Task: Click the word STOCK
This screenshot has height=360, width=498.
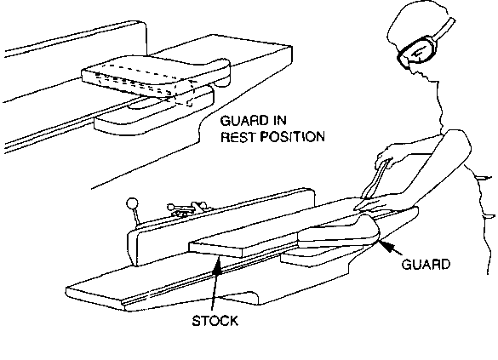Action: point(215,321)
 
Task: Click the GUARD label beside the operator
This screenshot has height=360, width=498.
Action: point(426,264)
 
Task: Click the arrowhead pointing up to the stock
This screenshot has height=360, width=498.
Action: point(217,265)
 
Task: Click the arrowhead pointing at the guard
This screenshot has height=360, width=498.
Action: point(386,245)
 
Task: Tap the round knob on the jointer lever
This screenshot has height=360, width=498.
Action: point(132,203)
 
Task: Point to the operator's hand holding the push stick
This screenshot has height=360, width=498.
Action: point(384,156)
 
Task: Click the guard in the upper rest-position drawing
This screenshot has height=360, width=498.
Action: point(156,75)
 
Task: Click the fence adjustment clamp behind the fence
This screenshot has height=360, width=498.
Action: point(187,208)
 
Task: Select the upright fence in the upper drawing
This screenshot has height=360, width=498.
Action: point(77,40)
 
